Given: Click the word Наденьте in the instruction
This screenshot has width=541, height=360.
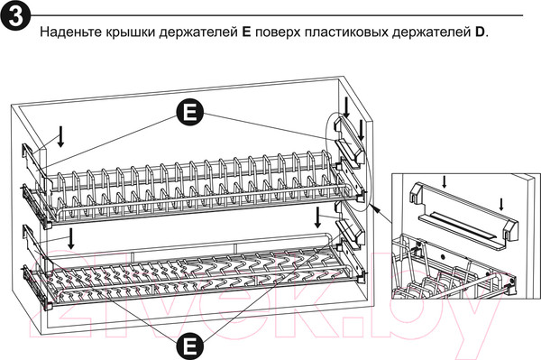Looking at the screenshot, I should [x=69, y=33].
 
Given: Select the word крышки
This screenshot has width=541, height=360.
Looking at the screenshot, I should [x=132, y=33].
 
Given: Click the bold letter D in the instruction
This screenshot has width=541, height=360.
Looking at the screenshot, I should [x=481, y=33].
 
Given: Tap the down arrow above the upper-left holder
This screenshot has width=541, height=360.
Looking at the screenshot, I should [x=60, y=135].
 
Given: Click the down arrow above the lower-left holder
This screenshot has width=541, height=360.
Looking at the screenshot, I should [x=70, y=238].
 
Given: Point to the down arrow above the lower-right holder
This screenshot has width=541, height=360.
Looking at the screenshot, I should [x=318, y=217].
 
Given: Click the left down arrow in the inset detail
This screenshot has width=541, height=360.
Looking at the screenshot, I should [x=445, y=181].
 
